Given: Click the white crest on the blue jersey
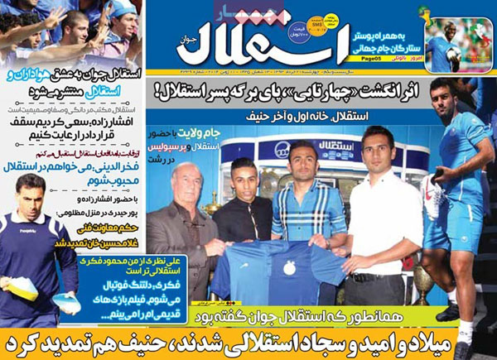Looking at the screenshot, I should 294,271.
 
